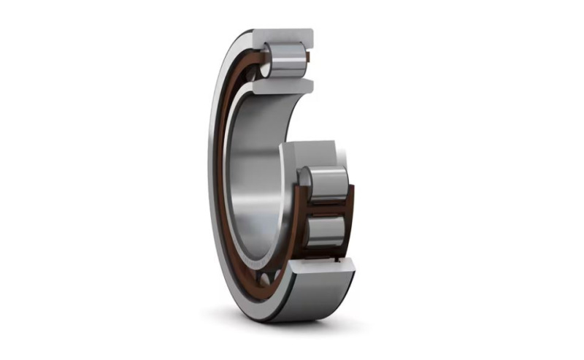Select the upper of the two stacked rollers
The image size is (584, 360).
click(x=326, y=180)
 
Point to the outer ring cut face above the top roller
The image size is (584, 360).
click(x=284, y=35)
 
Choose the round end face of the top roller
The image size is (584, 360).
click(x=266, y=58)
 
